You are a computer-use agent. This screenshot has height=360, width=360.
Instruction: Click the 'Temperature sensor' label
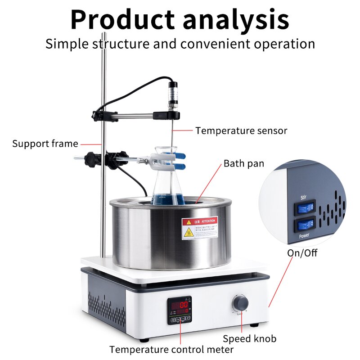point(241,131)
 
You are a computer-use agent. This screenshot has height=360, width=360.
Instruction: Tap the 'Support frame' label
point(45,144)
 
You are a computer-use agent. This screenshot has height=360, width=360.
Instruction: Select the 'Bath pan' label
point(244,163)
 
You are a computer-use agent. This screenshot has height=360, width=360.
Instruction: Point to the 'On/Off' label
point(302,253)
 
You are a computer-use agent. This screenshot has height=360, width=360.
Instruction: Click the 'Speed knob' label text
point(250,338)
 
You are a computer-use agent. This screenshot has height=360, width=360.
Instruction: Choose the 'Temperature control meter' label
point(171,350)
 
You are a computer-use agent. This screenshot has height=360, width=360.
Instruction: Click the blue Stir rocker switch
point(304,208)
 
